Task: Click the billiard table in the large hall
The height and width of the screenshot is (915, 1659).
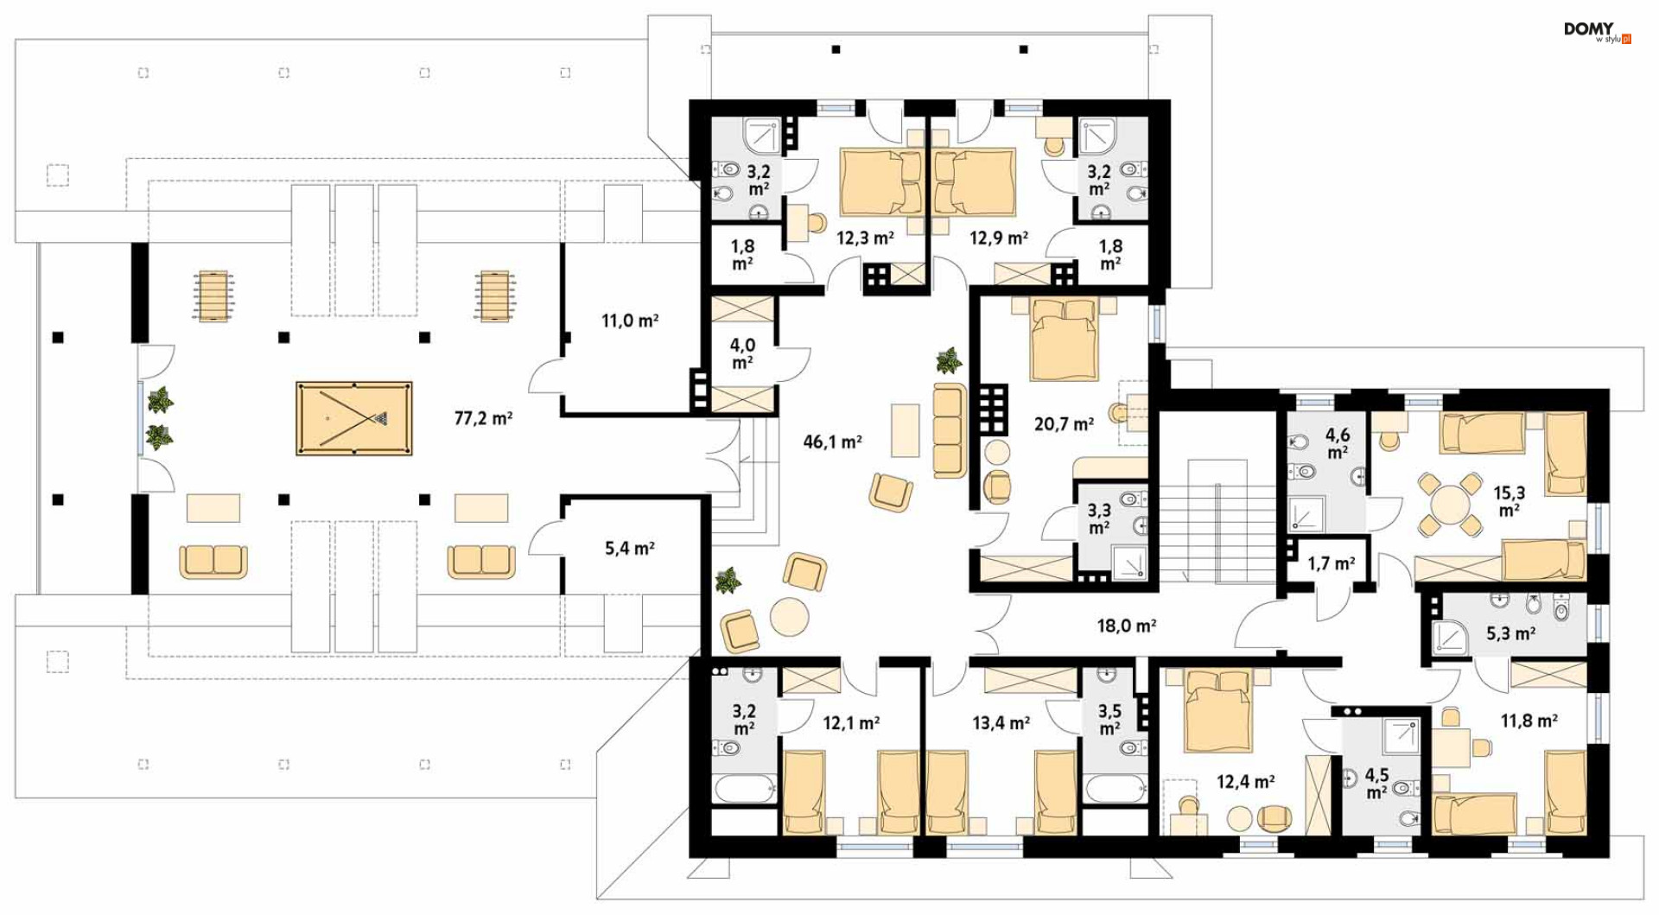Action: click(353, 418)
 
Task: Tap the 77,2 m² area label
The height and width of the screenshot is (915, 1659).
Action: click(483, 418)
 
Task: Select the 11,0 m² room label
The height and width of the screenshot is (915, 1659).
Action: click(630, 321)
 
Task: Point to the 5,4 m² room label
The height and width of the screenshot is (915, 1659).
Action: click(629, 548)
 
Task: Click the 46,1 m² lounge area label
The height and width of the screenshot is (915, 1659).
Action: click(832, 442)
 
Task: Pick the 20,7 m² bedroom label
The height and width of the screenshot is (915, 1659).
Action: click(1064, 423)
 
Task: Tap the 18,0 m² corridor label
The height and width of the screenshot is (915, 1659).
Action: click(1127, 625)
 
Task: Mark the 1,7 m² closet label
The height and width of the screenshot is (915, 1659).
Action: click(1331, 564)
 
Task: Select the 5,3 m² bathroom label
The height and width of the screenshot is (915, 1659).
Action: click(1510, 633)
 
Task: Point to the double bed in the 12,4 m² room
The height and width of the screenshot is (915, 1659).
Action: click(1218, 710)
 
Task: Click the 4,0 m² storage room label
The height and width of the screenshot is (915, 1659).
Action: click(742, 353)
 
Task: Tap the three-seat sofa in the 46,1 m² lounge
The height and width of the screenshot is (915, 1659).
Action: click(950, 430)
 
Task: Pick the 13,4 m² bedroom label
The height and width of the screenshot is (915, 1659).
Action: click(1001, 722)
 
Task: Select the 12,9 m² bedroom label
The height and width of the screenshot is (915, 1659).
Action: click(999, 237)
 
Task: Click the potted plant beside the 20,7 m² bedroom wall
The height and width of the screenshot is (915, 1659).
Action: click(949, 360)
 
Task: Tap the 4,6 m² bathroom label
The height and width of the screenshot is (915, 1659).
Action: click(1338, 443)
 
